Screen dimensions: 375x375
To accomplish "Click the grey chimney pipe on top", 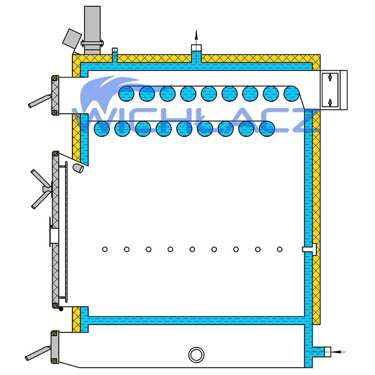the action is click(x=92, y=30).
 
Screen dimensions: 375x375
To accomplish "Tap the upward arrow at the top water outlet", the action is click(x=196, y=37).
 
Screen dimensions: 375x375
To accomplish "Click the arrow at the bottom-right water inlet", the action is click(x=339, y=352).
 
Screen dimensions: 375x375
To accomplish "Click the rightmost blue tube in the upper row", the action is click(x=291, y=94).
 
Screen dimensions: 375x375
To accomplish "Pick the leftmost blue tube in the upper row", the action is click(x=126, y=94).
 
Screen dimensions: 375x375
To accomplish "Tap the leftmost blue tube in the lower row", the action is click(x=102, y=129).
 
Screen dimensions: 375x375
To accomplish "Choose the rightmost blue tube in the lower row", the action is click(x=267, y=129).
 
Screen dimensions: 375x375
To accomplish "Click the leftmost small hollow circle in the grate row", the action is click(x=104, y=249).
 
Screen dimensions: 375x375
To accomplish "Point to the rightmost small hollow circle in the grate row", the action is click(x=279, y=249).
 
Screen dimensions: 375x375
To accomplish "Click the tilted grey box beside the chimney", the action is click(x=72, y=38).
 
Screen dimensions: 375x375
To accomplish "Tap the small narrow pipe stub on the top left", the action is click(x=114, y=55).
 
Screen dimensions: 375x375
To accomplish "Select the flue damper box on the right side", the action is click(x=334, y=90).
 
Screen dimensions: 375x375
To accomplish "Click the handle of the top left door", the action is click(x=39, y=101).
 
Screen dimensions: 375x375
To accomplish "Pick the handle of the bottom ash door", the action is click(x=37, y=354).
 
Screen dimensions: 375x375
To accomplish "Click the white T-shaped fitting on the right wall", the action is click(x=310, y=249).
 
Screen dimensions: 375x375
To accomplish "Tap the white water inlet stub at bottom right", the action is click(x=327, y=352).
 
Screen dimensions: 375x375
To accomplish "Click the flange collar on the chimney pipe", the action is click(x=92, y=44).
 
